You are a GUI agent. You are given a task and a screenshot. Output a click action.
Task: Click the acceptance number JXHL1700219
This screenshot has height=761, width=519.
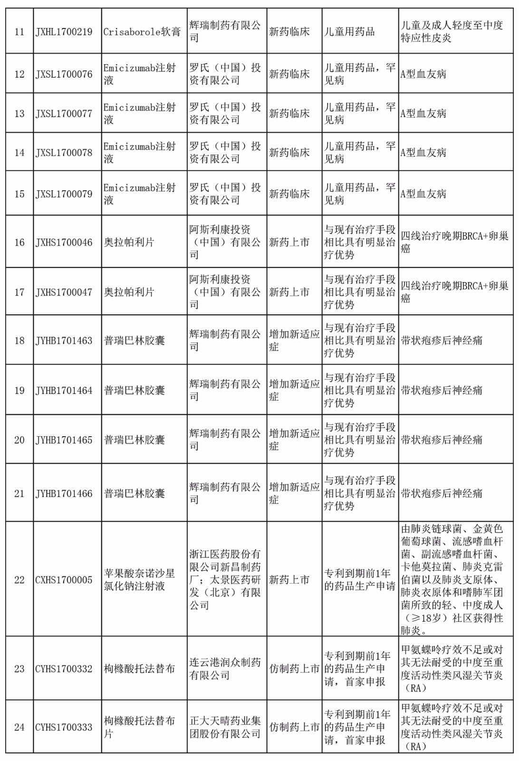(x=64, y=32)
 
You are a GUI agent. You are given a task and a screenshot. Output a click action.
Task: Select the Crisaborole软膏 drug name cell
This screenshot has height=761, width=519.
(x=142, y=32)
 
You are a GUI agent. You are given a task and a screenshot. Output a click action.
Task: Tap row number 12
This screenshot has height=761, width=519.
(x=19, y=74)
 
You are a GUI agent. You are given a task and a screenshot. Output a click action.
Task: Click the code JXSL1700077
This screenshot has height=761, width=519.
(x=64, y=114)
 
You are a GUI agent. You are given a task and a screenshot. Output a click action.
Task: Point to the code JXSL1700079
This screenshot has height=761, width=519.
(x=64, y=194)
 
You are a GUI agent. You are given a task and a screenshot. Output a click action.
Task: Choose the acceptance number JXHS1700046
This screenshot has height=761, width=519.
(x=64, y=243)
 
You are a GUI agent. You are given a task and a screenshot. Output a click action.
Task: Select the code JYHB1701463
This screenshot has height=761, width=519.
(x=64, y=341)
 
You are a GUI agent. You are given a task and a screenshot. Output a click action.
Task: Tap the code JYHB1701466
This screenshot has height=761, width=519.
(x=64, y=494)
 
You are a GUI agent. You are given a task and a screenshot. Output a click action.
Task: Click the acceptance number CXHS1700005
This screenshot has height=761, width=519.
(x=64, y=580)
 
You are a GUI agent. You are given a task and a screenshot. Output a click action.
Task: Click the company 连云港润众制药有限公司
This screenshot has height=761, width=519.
(x=225, y=669)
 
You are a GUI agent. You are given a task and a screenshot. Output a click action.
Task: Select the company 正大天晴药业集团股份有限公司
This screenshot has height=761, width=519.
(x=225, y=727)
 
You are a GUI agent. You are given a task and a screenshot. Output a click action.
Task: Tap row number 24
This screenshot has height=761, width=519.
(x=19, y=727)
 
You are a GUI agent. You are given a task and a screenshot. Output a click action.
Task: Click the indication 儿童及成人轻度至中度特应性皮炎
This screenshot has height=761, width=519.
(x=452, y=32)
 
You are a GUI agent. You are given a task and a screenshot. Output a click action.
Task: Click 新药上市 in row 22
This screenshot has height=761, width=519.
(x=289, y=580)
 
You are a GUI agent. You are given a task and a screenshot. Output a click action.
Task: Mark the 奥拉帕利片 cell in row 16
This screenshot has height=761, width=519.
(x=129, y=243)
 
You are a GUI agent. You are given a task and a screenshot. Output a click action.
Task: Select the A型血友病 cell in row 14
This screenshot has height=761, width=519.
(x=423, y=153)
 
